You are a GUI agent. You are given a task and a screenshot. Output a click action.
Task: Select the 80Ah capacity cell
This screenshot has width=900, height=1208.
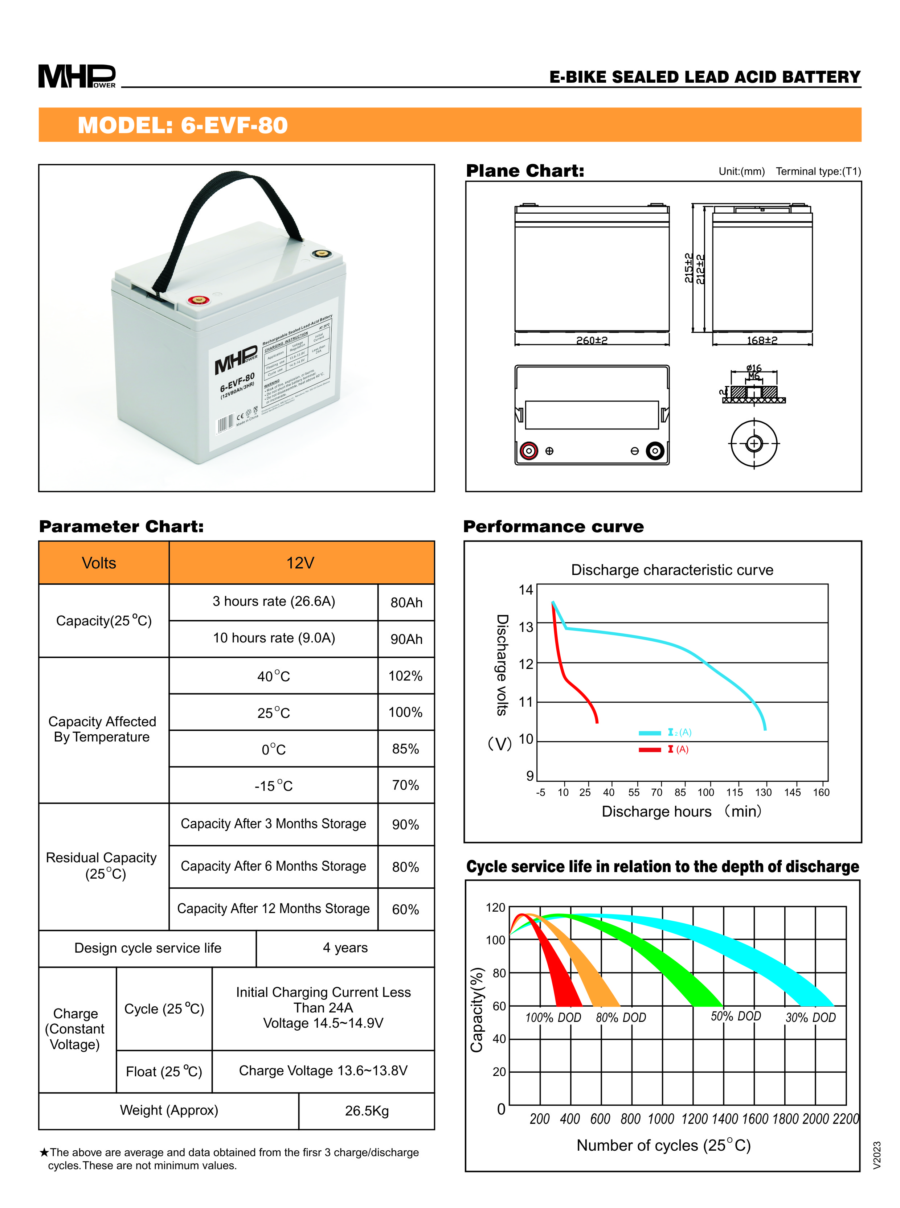pos(406,602)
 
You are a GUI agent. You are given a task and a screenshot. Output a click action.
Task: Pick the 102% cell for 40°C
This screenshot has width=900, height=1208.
pos(405,676)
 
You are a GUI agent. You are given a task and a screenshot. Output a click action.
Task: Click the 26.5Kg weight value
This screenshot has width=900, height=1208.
pos(367,1110)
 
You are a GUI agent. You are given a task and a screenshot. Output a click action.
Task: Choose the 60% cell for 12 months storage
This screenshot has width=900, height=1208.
pos(405,909)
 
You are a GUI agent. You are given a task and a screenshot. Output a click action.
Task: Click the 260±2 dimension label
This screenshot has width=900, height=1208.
pos(592,340)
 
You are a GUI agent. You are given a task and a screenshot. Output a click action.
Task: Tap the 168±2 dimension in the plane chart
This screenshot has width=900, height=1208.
pos(762,340)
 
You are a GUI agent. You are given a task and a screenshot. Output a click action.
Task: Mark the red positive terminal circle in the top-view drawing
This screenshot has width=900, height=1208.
pos(528,451)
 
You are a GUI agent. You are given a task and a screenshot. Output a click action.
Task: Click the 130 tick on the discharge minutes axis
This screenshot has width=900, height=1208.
pos(763,792)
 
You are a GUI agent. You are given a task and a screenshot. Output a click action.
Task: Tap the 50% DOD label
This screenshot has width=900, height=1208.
pos(736,1016)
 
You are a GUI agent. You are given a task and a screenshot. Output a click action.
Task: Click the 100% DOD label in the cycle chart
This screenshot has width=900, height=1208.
pos(553,1018)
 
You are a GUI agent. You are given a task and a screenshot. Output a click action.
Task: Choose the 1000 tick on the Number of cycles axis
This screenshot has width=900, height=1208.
pos(661,1119)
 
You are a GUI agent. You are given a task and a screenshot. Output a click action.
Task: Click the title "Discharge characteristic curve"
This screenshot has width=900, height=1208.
pos(672,570)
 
